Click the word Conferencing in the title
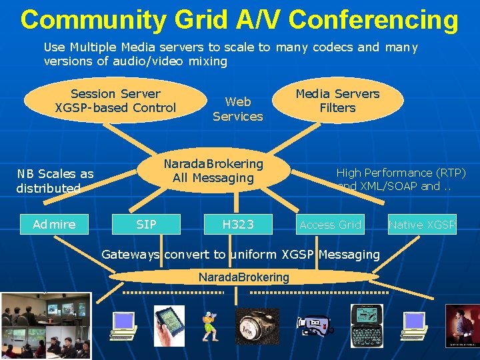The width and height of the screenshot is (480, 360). point(373,19)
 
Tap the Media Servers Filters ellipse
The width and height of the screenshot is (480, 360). point(337,101)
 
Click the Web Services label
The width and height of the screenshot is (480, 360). point(238,109)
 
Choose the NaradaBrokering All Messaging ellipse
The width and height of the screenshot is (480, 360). point(213,171)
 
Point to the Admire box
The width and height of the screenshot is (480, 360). point(54,225)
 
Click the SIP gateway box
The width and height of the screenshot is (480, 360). point(146,225)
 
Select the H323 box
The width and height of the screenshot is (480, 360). point(238,225)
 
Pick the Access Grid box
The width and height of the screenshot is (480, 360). point(330,225)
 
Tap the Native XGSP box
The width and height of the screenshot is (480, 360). point(422,225)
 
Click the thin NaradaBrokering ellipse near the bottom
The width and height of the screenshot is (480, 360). point(244,277)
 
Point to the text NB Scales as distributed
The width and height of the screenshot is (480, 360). point(55,181)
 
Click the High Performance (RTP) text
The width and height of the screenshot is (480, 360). point(401,172)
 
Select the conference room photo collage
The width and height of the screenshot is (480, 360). point(45,326)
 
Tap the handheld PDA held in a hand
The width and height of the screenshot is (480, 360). point(169,325)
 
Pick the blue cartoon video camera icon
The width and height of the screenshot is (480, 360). point(313,325)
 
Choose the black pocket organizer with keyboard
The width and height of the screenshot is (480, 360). point(366,325)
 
